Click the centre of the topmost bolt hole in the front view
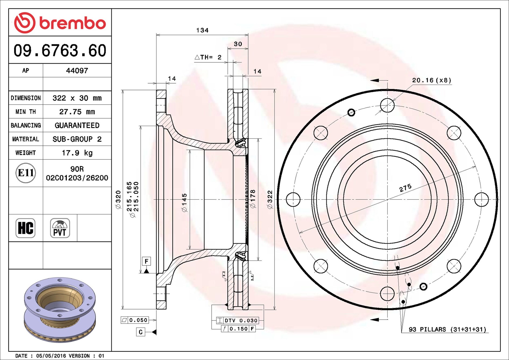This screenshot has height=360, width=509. (x=387, y=105)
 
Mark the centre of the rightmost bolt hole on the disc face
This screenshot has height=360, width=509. (x=481, y=199)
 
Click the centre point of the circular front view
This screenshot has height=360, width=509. (x=387, y=199)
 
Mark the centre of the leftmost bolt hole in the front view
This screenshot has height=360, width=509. (x=293, y=199)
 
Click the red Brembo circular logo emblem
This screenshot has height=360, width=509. (x=25, y=23)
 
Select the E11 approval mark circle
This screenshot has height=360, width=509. (x=26, y=173)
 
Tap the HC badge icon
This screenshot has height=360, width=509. (x=26, y=228)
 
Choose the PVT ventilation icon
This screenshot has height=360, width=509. (x=60, y=228)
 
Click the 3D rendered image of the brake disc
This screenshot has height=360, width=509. (x=60, y=310)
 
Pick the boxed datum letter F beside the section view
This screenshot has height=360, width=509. (x=146, y=261)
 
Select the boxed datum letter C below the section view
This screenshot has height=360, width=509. (x=140, y=332)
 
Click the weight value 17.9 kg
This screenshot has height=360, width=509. (x=77, y=153)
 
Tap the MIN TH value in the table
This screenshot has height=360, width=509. (x=77, y=112)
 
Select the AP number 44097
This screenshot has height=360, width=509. (x=77, y=70)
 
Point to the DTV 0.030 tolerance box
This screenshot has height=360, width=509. (x=237, y=320)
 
